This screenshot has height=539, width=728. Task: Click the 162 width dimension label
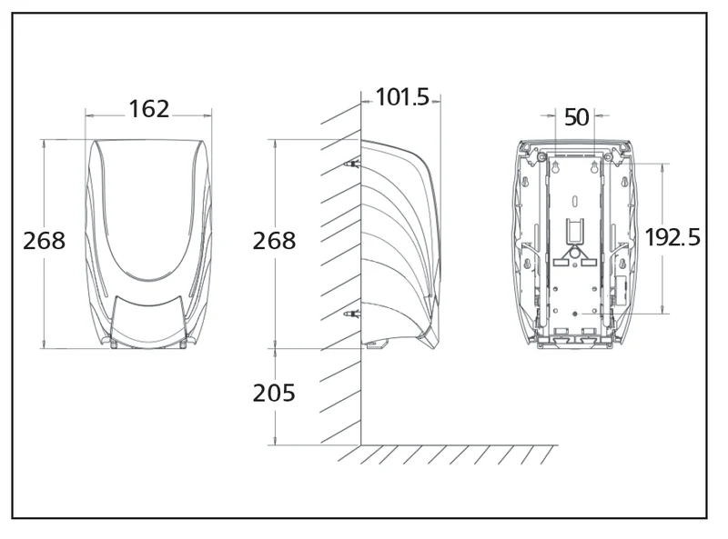pos(148,109)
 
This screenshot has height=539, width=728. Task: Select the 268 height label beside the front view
pos(44,241)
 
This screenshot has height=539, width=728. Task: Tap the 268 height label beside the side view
pos(274,241)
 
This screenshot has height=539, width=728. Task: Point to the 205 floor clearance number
pos(274,393)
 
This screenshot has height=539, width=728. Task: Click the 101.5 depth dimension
pos(402,97)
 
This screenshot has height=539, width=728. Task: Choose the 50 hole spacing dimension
pos(576,117)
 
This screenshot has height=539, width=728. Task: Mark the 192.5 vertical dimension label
pos(672,237)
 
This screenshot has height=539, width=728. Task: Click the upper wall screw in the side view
pos(352,164)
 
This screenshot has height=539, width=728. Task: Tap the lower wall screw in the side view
pos(352,314)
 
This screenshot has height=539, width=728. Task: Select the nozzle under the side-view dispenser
pos(376,345)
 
